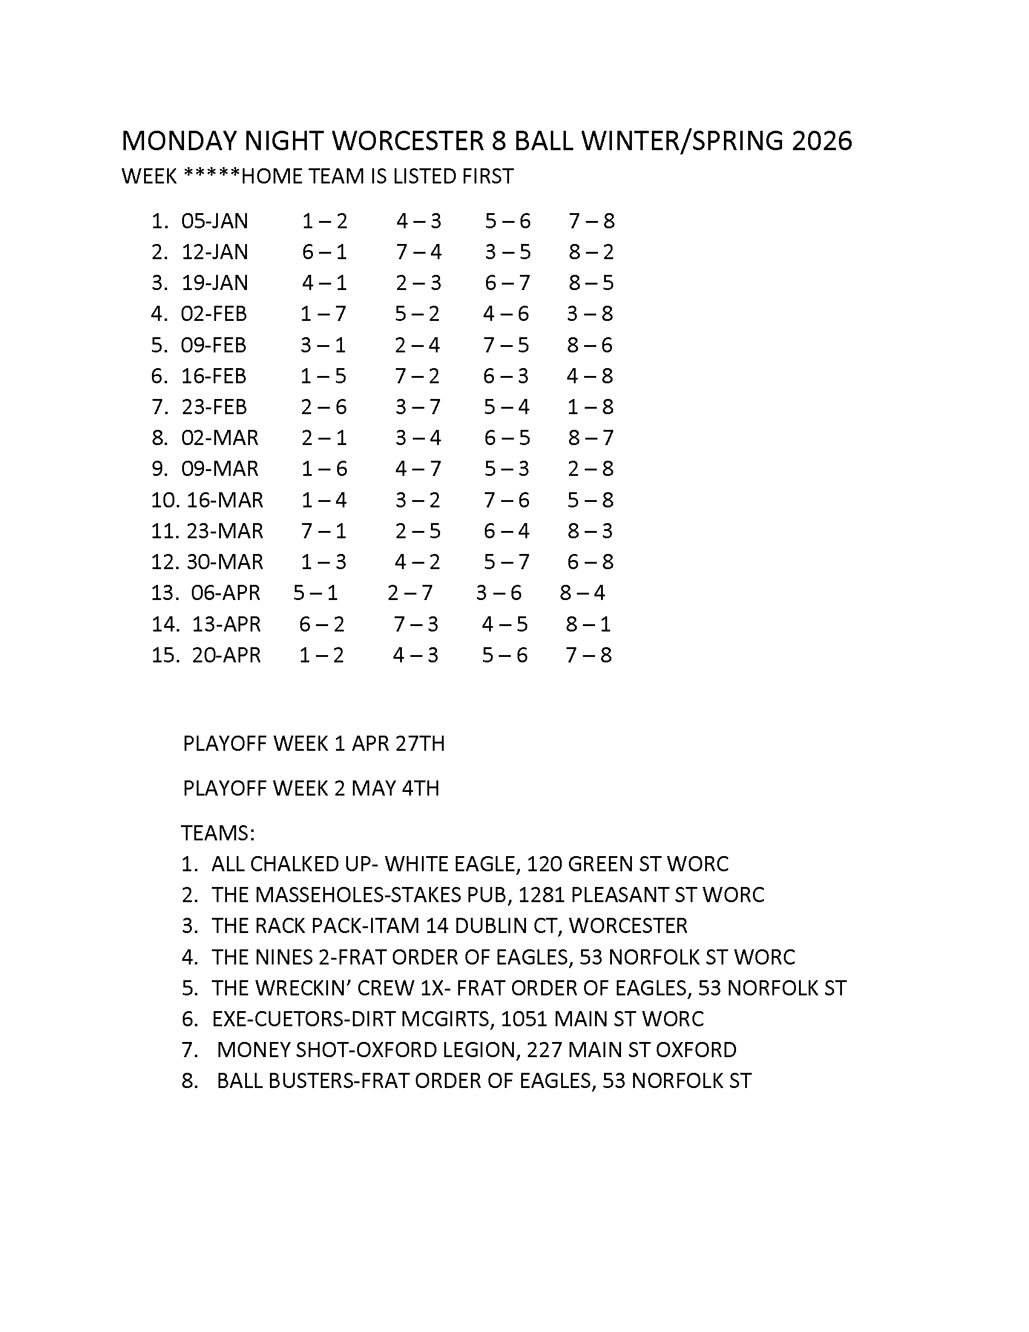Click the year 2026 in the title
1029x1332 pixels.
pyautogui.click(x=821, y=141)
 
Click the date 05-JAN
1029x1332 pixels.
pyautogui.click(x=215, y=221)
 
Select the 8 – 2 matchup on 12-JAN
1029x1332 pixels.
pyautogui.click(x=591, y=252)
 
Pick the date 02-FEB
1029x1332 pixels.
pyautogui.click(x=214, y=314)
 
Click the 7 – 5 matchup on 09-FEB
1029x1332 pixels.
pyautogui.click(x=506, y=345)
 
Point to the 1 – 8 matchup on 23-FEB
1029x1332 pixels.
pyautogui.click(x=590, y=407)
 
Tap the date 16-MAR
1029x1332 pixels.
pyautogui.click(x=225, y=500)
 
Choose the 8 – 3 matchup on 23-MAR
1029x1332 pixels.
pyautogui.click(x=590, y=531)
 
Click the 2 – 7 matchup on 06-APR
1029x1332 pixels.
pyautogui.click(x=410, y=593)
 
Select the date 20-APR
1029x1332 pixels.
pyautogui.click(x=226, y=655)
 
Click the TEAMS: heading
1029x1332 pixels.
pyautogui.click(x=218, y=833)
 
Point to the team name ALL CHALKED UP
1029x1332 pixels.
pyautogui.click(x=291, y=864)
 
